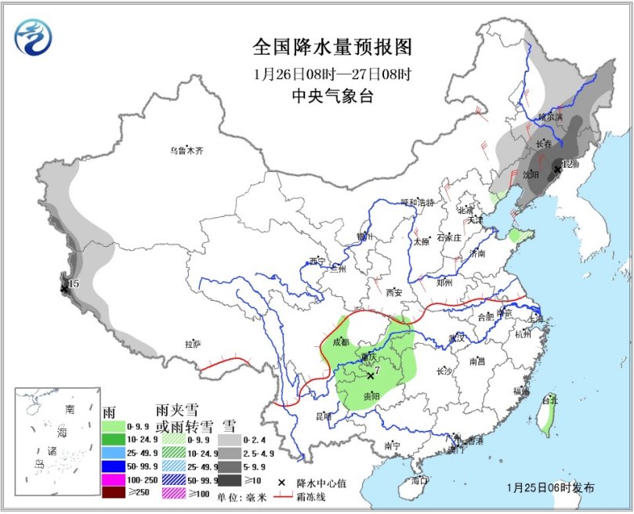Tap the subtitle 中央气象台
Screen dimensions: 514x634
tap(332, 96)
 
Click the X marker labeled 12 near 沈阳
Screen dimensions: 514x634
tap(557, 168)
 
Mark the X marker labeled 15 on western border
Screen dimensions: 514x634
tap(64, 288)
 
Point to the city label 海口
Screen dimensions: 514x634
tap(420, 480)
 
